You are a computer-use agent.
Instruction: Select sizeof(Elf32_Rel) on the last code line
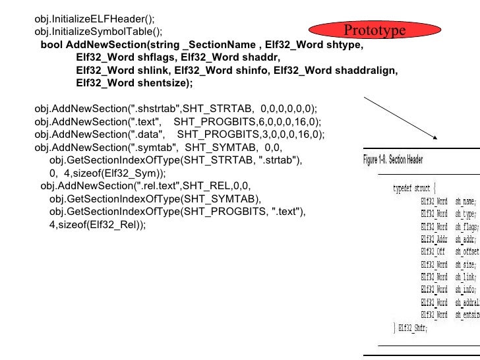[102, 224]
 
